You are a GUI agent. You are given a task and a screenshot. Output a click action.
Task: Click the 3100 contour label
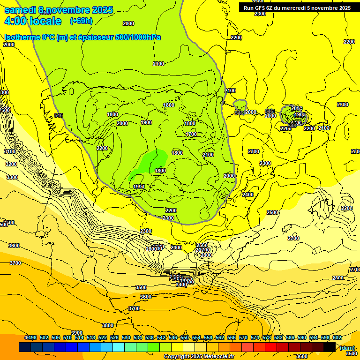[10, 151]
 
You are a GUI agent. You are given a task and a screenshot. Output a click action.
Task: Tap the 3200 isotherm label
[12, 164]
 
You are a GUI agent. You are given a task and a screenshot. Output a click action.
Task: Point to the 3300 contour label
[12, 177]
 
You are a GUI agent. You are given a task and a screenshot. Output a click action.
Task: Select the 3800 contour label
[108, 325]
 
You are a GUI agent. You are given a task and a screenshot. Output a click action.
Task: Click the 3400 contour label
[181, 285]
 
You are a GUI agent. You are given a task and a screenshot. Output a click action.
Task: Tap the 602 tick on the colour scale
[337, 337]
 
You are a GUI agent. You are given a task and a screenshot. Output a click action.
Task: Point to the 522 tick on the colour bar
[103, 337]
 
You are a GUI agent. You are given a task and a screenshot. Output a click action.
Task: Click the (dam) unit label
[347, 347]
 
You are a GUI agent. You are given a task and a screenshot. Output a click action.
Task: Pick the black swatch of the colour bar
[330, 347]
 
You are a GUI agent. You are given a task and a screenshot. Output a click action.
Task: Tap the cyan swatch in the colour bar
[119, 347]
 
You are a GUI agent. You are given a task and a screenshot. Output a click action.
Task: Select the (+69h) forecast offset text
[81, 21]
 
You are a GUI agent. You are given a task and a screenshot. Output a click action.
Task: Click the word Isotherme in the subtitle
[23, 37]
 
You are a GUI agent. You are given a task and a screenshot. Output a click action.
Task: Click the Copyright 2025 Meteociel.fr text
[199, 356]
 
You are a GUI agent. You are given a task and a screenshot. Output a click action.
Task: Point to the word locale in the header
[45, 22]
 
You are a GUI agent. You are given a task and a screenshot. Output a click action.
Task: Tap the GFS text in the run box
[261, 8]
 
